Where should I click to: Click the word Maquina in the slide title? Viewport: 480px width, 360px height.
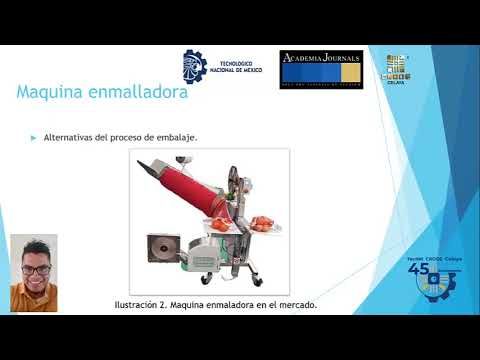click(50, 93)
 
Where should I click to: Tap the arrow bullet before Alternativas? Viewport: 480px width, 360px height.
click(34, 136)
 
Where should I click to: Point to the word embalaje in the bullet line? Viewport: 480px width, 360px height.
click(175, 136)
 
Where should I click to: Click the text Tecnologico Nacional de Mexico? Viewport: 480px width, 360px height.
click(242, 68)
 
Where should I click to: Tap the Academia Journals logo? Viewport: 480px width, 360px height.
click(320, 68)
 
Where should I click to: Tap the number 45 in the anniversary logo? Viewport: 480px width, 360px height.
click(419, 269)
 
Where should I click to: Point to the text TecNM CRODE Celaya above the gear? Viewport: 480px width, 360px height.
click(434, 257)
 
